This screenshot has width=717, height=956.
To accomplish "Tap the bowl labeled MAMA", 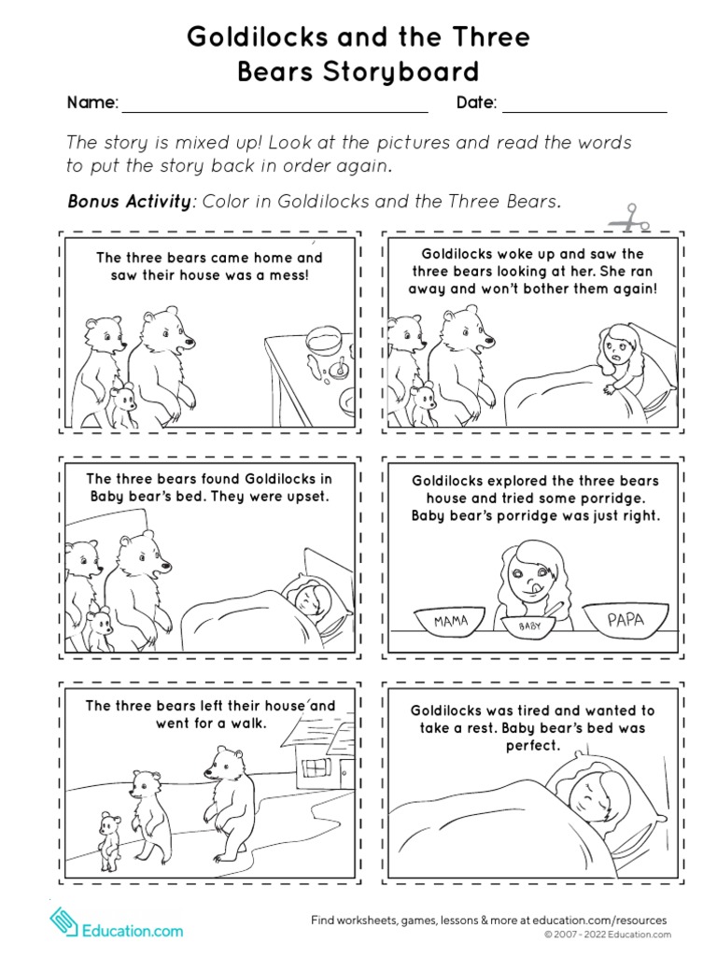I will coord(451,622).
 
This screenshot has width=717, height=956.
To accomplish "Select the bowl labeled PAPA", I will coord(625,619).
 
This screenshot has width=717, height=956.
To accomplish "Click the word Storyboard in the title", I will coord(358,72).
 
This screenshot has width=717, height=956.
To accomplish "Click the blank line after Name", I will coord(274,104).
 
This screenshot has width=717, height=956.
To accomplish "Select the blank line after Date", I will coord(584,104).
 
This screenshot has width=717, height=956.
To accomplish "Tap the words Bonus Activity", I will coord(130,202).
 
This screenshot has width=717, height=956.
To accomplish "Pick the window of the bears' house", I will coord(316,767).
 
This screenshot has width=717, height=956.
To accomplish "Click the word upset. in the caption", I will coord(306,497).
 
